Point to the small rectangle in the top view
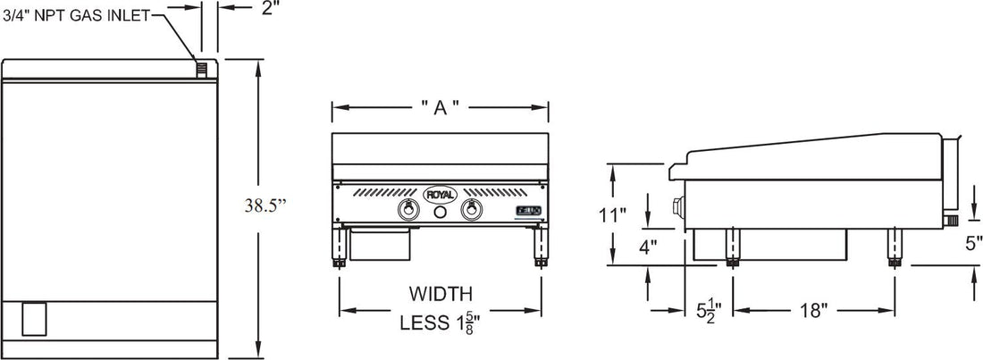(x=33, y=318)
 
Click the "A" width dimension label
(x=440, y=107)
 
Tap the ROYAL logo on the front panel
(x=440, y=194)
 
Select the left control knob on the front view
(x=407, y=212)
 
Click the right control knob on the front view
(x=472, y=212)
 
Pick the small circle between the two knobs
(x=440, y=213)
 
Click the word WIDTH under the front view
(x=441, y=293)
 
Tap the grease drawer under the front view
(x=381, y=241)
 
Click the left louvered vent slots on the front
(x=384, y=193)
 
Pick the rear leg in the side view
(x=894, y=247)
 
